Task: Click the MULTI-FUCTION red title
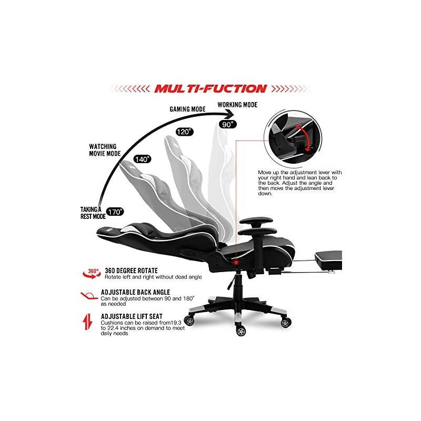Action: [210, 88]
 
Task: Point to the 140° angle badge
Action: [142, 158]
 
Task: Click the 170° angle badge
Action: [115, 212]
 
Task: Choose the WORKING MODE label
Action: [238, 105]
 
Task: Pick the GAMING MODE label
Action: [187, 109]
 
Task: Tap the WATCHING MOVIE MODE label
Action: [102, 150]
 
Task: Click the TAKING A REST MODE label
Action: [90, 212]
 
